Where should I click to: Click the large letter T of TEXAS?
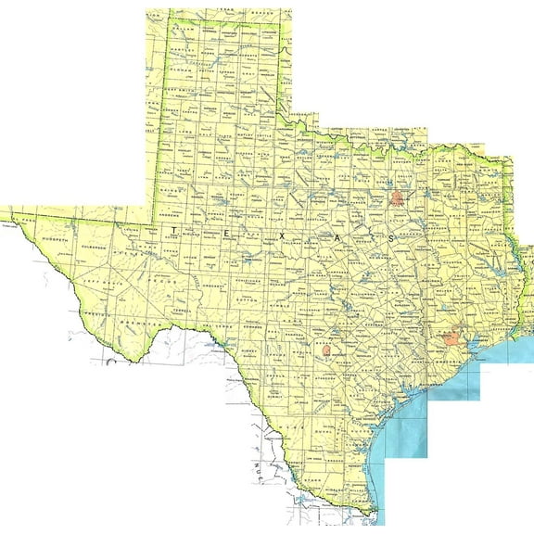(x=173, y=228)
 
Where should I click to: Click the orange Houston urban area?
(x=452, y=339)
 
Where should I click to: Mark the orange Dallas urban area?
(x=398, y=197)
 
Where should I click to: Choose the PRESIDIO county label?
(x=93, y=315)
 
